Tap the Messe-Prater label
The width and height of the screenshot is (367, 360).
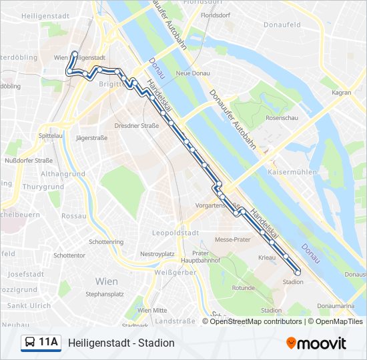point(233,239)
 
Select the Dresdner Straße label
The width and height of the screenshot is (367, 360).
point(136,125)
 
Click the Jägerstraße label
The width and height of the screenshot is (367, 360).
point(92,138)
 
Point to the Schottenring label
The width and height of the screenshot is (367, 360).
point(106,242)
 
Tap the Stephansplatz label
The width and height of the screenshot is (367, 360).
point(105,293)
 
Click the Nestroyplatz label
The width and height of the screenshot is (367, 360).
point(157,254)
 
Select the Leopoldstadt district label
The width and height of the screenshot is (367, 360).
point(176,233)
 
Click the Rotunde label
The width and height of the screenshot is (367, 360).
point(244,289)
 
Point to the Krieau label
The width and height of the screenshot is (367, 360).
point(267,257)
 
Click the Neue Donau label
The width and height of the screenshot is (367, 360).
point(192,73)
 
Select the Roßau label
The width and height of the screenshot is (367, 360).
point(74,217)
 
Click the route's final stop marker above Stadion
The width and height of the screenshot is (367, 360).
point(298,271)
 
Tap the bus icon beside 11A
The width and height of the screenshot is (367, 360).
point(30,343)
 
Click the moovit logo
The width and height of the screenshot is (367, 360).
point(316,343)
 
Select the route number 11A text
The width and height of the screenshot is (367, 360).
point(49,343)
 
